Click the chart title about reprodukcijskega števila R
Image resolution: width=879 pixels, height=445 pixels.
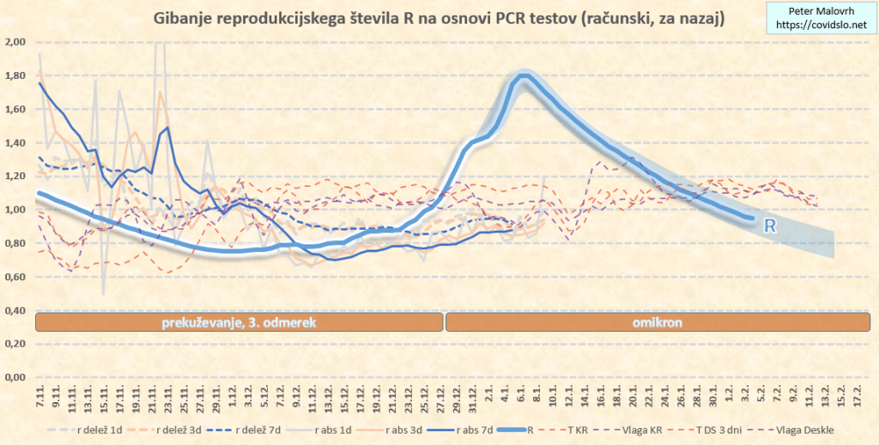tap(437, 17)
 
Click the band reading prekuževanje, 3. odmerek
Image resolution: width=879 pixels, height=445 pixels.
tap(239, 322)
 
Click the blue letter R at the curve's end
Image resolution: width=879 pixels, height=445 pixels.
tap(770, 226)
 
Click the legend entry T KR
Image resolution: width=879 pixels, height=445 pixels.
tap(573, 430)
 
